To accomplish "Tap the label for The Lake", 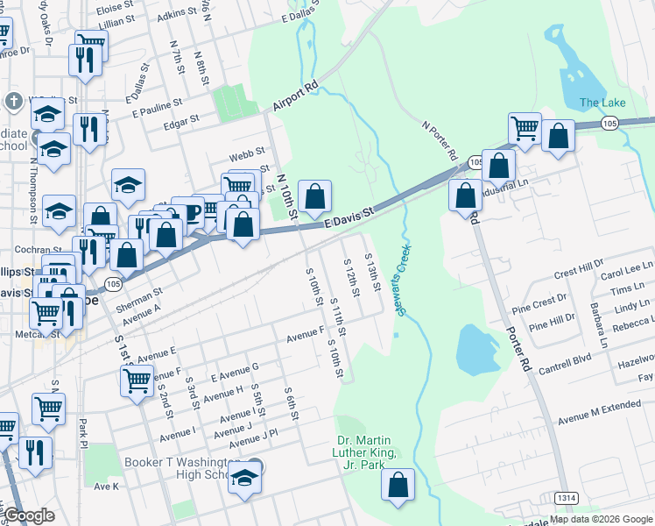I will pyautogui.click(x=602, y=103).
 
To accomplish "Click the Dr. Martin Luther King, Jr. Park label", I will pyautogui.click(x=367, y=452).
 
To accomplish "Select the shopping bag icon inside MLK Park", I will pyautogui.click(x=398, y=486).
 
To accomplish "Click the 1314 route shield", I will pyautogui.click(x=567, y=498).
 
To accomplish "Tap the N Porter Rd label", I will pyautogui.click(x=440, y=140).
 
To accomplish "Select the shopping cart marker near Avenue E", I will pyautogui.click(x=137, y=381).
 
